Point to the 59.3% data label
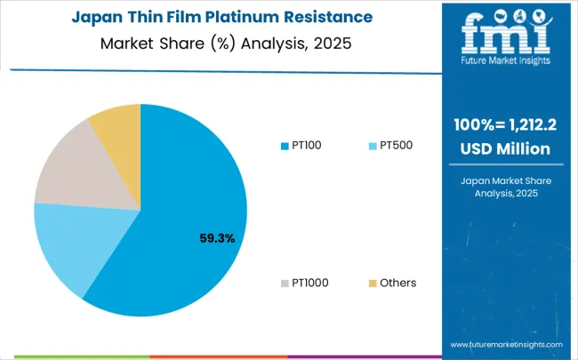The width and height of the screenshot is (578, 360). [217, 237]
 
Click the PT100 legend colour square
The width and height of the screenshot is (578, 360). [285, 145]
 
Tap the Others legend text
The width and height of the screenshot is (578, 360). [397, 283]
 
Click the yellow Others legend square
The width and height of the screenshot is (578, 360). [372, 283]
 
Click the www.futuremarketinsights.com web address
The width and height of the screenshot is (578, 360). [506, 343]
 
